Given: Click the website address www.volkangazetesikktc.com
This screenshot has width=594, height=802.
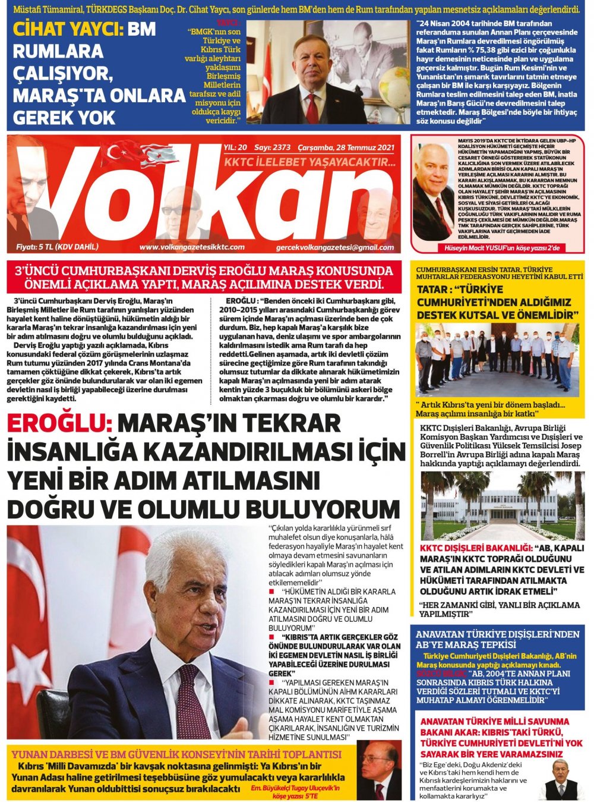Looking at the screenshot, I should (x=192, y=247).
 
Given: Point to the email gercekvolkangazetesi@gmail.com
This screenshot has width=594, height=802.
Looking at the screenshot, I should (x=334, y=247).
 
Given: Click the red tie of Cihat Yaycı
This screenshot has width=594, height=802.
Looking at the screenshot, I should (x=312, y=108).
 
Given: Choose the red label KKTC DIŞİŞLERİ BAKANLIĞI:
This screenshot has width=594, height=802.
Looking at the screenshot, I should (x=475, y=548).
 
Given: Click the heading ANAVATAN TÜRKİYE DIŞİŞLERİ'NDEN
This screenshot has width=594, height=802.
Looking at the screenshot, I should (x=497, y=634).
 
